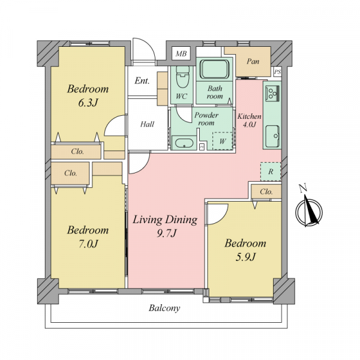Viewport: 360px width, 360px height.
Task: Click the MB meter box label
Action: [181, 54]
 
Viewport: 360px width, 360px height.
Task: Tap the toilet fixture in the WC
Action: [183, 77]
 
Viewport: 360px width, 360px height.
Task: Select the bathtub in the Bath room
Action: [214, 69]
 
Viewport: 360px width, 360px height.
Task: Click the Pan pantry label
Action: [253, 61]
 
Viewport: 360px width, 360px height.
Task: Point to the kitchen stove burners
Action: [272, 93]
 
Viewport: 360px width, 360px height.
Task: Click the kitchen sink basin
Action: [273, 137]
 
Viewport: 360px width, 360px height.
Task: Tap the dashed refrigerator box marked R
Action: [271, 172]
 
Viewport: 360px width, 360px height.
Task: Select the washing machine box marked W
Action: [222, 141]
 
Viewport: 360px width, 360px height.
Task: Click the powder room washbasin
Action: [184, 143]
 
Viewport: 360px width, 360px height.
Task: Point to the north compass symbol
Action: [309, 210]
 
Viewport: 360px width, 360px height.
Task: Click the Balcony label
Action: [164, 308]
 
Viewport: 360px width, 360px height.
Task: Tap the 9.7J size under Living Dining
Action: [166, 233]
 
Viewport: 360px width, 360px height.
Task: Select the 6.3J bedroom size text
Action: [88, 103]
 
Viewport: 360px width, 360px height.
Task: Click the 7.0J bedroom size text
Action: [88, 244]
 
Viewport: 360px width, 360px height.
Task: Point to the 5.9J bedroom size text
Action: [245, 257]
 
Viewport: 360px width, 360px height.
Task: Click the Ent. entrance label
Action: [142, 80]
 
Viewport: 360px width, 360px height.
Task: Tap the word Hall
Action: [147, 124]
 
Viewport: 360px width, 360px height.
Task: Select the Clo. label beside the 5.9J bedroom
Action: [266, 191]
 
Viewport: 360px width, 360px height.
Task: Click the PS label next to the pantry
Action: [277, 72]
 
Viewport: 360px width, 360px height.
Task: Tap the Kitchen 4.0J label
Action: [250, 120]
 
